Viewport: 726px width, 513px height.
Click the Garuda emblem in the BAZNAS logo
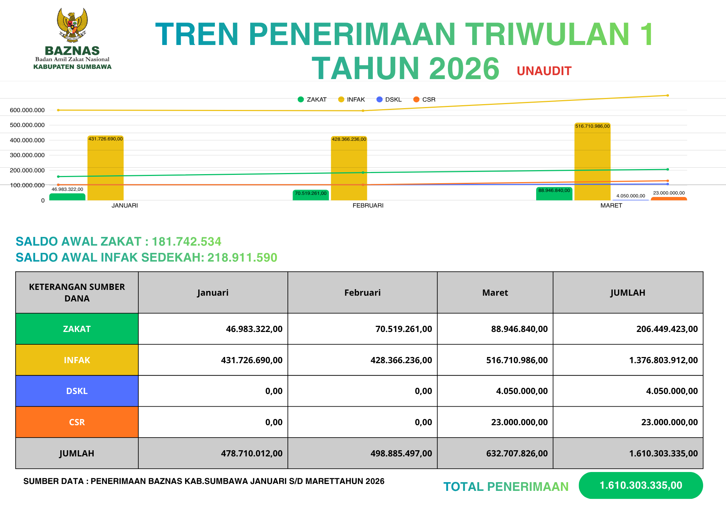click(72, 25)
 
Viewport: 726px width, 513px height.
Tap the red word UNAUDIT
click(544, 71)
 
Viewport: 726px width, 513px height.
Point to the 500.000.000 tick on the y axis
click(27, 125)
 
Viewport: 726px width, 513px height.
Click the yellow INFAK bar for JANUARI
click(106, 169)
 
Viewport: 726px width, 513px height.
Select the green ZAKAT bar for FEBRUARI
click(311, 195)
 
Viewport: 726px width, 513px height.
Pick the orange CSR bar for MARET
click(669, 198)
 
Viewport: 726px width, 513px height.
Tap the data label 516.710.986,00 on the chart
click(592, 126)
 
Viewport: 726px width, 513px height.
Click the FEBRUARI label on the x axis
click(368, 206)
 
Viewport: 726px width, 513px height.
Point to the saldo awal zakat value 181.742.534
click(186, 242)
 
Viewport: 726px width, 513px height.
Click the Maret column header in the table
click(495, 293)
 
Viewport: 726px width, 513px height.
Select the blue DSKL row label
click(77, 391)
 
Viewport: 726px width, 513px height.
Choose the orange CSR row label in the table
click(77, 422)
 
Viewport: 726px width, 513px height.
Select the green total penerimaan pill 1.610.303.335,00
click(641, 485)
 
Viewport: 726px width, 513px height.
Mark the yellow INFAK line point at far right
click(668, 95)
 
